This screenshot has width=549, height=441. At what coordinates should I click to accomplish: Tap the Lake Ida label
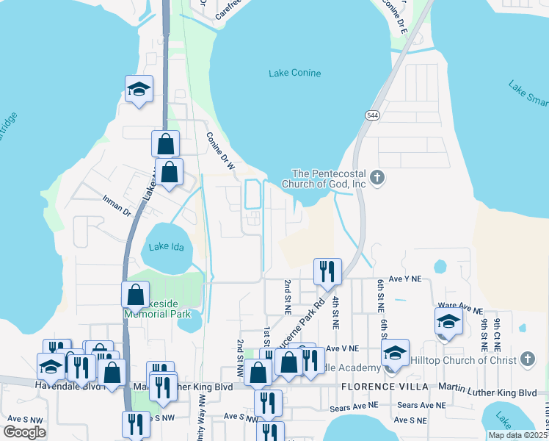click(165, 246)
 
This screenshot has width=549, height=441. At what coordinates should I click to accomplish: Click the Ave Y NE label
click(405, 279)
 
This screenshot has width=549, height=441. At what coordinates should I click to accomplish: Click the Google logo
click(25, 432)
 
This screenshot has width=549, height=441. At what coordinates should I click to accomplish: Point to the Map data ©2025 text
click(517, 435)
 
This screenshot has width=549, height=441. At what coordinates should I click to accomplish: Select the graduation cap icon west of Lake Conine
click(139, 89)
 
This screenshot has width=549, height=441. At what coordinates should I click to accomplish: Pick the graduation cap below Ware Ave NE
click(448, 321)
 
